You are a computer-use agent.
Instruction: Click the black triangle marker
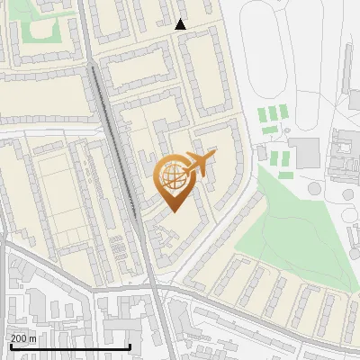click(180, 24)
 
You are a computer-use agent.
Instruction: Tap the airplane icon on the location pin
click(199, 162)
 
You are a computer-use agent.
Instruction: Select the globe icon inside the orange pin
click(174, 175)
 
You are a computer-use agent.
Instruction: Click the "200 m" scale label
click(22, 337)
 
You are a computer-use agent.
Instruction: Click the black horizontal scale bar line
click(69, 346)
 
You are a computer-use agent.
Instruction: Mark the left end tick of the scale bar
click(9, 345)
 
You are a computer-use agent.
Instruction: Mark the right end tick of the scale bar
click(130, 345)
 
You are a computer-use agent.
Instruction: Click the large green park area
click(279, 225)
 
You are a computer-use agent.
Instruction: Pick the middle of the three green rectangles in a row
click(273, 114)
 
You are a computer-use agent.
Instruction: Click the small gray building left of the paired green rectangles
click(262, 154)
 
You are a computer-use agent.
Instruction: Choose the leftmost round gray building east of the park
click(314, 189)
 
